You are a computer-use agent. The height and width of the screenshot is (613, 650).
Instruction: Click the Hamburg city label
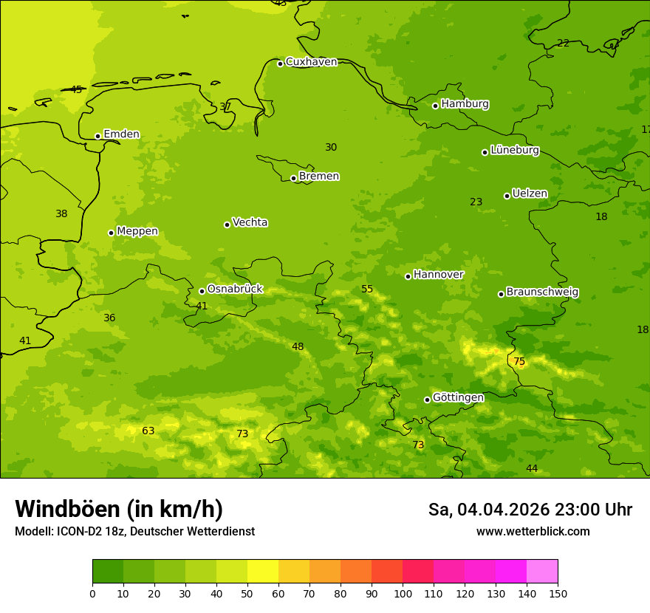click(x=465, y=104)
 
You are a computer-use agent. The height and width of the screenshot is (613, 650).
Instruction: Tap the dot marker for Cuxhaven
click(x=280, y=64)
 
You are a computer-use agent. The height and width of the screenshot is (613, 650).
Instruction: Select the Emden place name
click(x=121, y=134)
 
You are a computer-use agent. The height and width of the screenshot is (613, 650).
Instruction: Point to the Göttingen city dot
click(x=427, y=400)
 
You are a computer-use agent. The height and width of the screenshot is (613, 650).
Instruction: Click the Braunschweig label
click(x=542, y=292)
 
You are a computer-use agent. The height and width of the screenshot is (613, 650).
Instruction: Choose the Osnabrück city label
click(x=235, y=290)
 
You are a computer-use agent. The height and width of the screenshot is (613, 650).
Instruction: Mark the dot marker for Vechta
click(x=227, y=225)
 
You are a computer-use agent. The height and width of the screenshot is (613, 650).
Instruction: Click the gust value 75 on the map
click(x=519, y=361)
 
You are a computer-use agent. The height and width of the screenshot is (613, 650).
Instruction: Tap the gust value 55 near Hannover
click(x=367, y=289)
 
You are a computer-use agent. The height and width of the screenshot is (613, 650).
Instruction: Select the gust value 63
click(x=148, y=431)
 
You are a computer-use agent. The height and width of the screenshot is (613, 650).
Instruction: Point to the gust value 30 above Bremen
click(x=331, y=147)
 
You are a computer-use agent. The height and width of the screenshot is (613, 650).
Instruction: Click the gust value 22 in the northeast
click(x=563, y=43)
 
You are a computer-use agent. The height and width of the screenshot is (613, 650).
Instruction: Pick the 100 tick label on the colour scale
click(x=403, y=594)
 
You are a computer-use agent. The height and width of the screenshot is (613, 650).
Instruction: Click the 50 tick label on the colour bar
click(x=247, y=594)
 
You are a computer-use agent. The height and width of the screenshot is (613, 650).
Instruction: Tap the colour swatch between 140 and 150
click(x=542, y=572)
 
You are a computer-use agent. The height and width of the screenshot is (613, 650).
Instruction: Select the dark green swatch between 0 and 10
click(x=108, y=572)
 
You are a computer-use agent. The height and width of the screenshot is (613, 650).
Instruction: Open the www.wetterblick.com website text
click(x=533, y=532)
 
